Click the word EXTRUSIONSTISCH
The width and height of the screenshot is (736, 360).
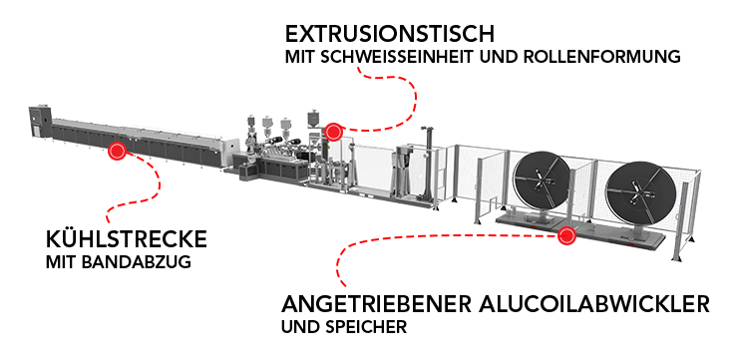(390, 34)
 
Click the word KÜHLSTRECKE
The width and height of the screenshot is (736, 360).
(127, 239)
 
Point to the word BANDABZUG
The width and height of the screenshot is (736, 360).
(136, 262)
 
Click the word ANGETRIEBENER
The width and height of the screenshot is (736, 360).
(376, 304)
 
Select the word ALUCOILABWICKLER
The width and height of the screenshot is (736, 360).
(594, 304)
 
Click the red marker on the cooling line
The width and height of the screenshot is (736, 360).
(117, 152)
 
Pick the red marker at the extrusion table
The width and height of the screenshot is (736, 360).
(333, 132)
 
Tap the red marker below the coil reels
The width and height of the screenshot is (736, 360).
(567, 234)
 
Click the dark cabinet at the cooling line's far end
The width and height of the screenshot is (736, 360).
(40, 123)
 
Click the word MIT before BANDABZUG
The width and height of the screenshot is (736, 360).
(61, 262)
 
